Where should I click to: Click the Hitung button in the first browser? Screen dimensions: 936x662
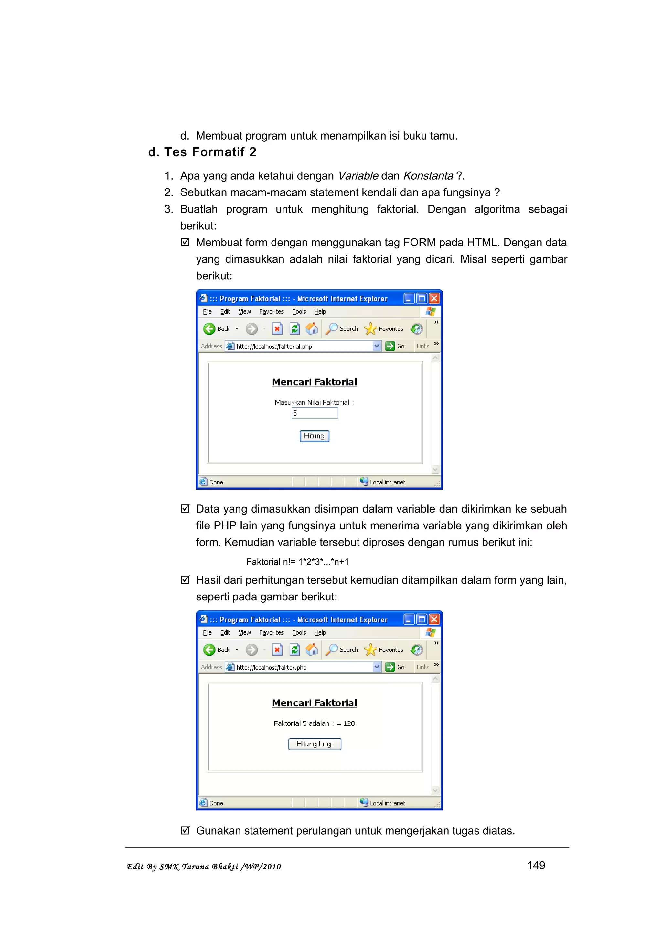coord(314,436)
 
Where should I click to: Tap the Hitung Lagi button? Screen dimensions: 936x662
coord(315,744)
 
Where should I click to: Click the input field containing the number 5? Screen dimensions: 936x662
coord(315,413)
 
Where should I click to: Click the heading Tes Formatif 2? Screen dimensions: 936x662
coord(202,152)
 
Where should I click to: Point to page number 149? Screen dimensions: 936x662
coord(536,865)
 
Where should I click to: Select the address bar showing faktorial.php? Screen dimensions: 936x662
coord(302,346)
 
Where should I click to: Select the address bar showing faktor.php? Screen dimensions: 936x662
coord(302,667)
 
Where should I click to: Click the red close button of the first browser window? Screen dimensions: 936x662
coord(434,298)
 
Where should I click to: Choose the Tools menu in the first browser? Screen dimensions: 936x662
coord(299,311)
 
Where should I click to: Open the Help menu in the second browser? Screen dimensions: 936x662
coord(320,633)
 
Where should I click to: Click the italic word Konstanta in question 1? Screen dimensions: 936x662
coord(428,176)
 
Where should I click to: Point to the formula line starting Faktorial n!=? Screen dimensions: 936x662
coord(297,562)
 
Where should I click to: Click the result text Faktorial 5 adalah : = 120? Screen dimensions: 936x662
coord(314,723)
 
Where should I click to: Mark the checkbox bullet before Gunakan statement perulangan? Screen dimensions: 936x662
coord(185,830)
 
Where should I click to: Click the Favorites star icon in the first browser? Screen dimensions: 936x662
coord(370,328)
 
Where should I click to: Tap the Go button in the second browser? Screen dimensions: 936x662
coord(395,667)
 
